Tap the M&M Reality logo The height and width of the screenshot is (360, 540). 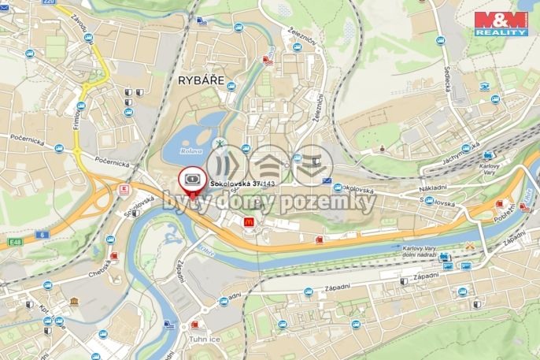click(501, 23)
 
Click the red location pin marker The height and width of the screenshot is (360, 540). click(190, 181)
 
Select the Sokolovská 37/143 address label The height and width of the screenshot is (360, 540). click(242, 184)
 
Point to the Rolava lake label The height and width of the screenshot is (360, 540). click(190, 150)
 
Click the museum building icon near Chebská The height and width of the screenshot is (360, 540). click(73, 302)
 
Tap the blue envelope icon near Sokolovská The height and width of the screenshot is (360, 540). click(327, 181)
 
